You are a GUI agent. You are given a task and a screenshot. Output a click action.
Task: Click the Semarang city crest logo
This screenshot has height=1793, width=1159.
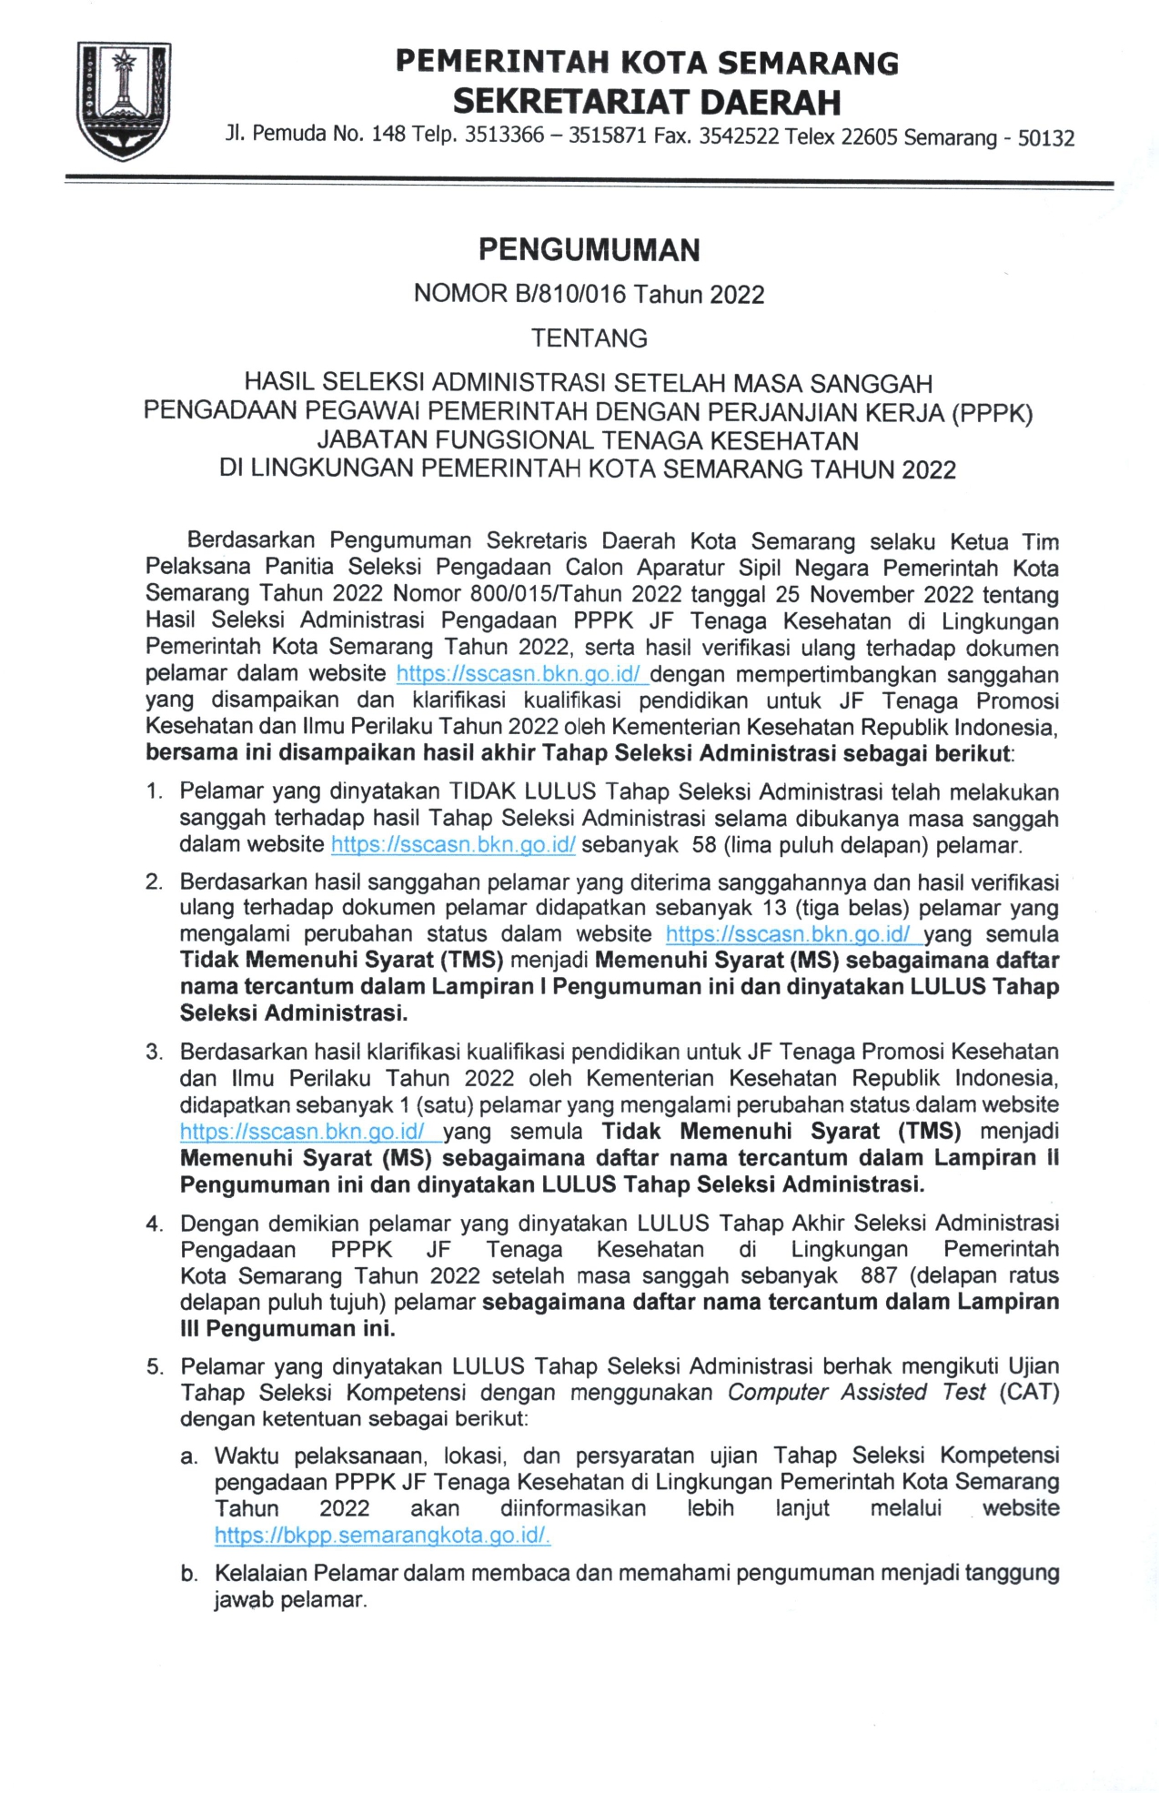pos(122,101)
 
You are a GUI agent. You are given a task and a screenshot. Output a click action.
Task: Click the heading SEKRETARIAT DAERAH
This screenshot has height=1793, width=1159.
pos(646,101)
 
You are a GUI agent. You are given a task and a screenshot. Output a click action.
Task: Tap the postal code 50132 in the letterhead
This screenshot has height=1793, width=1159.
pos(1045,138)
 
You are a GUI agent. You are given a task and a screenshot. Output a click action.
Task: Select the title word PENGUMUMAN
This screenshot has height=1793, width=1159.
pos(589,249)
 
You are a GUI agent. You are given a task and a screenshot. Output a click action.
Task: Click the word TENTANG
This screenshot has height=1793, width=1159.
pos(589,338)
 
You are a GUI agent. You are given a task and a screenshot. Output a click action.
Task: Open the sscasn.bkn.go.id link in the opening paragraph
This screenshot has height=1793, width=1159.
pos(521,674)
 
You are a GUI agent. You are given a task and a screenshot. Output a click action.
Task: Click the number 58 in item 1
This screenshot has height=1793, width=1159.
pos(704,845)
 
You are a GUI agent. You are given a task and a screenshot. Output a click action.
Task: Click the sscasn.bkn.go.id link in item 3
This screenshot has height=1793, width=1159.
pos(310,1132)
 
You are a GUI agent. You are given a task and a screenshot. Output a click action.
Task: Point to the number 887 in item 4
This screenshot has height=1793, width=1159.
pos(879,1275)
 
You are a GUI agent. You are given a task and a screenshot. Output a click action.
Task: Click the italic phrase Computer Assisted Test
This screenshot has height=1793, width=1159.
pos(856,1393)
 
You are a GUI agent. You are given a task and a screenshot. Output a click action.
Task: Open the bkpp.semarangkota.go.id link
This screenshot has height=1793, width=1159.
pos(382,1536)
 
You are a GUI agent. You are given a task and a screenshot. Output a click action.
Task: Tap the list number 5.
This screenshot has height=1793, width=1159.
pos(155,1367)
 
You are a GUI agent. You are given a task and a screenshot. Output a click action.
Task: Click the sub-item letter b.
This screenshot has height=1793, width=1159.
pos(188,1574)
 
